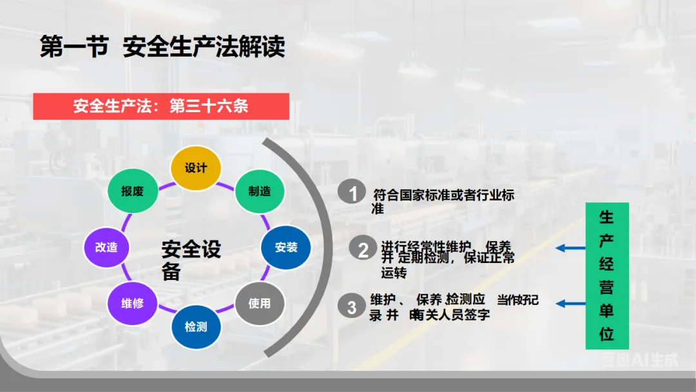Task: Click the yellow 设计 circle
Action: pos(196,168)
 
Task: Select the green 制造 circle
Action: pos(260,191)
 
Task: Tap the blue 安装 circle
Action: pos(285,247)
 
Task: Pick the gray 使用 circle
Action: pos(260,303)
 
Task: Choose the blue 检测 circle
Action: pos(196,327)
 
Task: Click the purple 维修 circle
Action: pos(133,303)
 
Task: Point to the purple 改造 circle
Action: pos(106,247)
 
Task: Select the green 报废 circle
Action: pos(133,191)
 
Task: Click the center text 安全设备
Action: pos(191,260)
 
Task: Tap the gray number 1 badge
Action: pos(353,193)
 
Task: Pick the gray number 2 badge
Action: pos(363,250)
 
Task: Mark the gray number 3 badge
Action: pos(352,307)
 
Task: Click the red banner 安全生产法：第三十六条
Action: pos(161,106)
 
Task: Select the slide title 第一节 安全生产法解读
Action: pos(162,48)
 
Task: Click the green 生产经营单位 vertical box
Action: pos(606,276)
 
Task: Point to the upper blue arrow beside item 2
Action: pos(570,248)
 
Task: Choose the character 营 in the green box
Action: pos(606,288)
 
